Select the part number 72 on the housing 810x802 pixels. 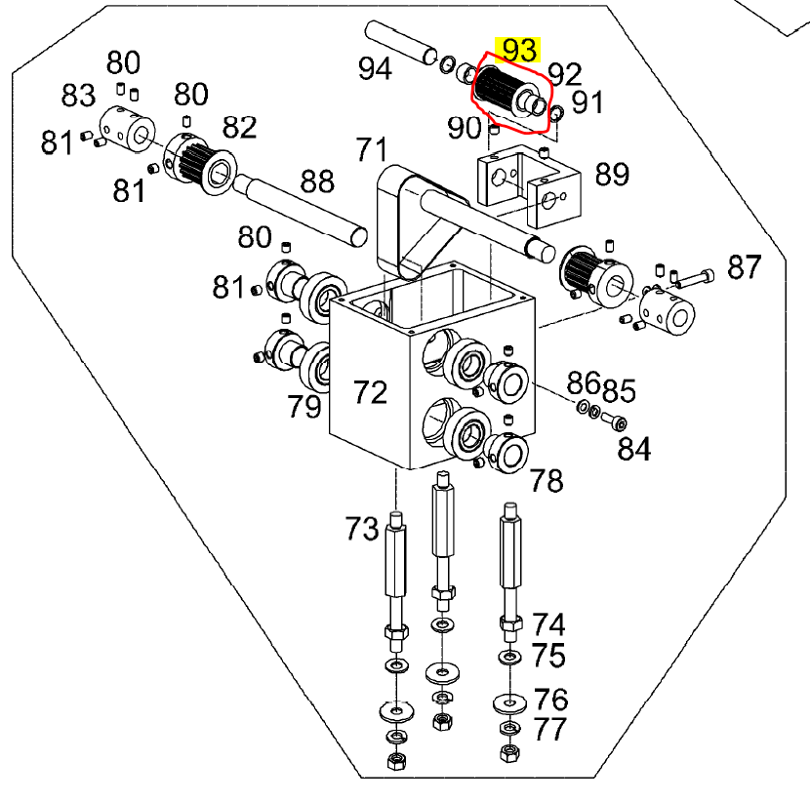pos(371,392)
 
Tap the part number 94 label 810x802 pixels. pos(375,69)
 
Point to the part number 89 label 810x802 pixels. pos(613,175)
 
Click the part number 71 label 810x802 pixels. pos(371,150)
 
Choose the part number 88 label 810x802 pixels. pos(317,181)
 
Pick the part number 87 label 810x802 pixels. pos(744,266)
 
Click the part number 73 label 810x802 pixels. pos(361,529)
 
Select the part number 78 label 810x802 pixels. pos(547,480)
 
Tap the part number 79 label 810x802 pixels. pos(304,406)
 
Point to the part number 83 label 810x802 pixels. pos(78,96)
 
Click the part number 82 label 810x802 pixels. pos(239,128)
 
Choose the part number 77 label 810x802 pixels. pos(549,729)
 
